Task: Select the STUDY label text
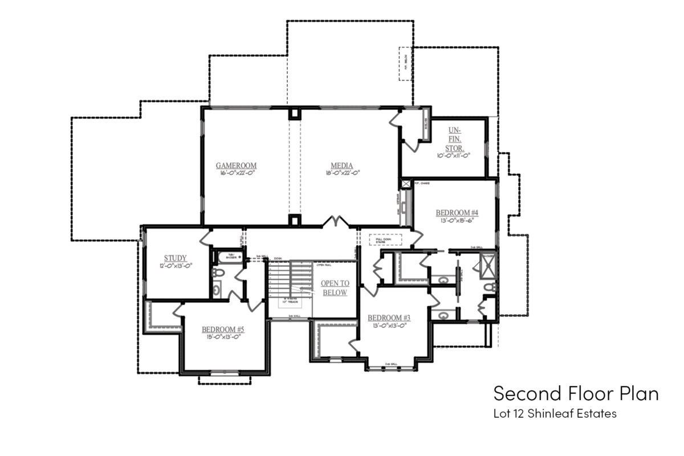tap(176, 258)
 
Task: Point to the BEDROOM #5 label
tap(223, 329)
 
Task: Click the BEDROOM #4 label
tap(457, 213)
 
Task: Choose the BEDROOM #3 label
tap(389, 317)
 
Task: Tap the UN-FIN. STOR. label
tap(454, 139)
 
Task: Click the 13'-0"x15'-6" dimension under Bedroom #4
tap(457, 221)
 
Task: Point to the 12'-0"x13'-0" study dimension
tap(176, 265)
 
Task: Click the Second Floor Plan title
tap(576, 394)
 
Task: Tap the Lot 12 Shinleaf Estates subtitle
tap(555, 414)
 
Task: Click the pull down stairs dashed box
tap(386, 239)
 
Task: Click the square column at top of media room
tap(294, 113)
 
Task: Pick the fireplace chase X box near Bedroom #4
tap(406, 185)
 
